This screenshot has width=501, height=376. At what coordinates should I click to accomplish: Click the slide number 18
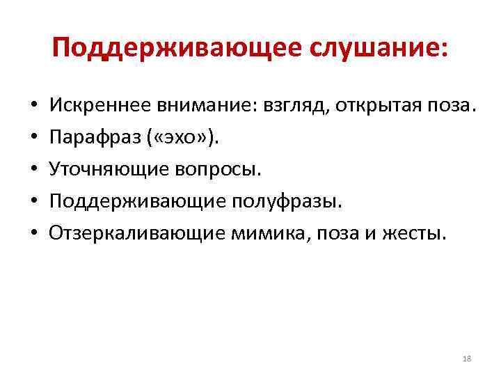point(467,359)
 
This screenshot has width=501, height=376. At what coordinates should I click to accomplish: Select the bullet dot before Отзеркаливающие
point(34,233)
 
